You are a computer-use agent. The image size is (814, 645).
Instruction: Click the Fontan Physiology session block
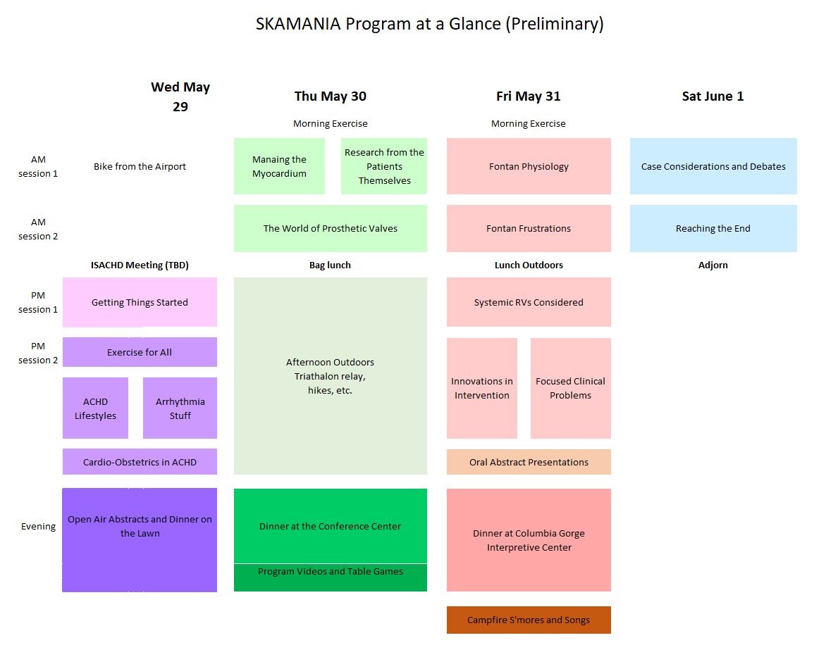pyautogui.click(x=529, y=166)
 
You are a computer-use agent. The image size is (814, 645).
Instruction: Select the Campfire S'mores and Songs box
pyautogui.click(x=529, y=620)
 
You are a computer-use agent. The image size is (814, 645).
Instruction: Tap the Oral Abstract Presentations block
pyautogui.click(x=529, y=462)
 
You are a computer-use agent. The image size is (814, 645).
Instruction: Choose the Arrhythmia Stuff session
pyautogui.click(x=180, y=408)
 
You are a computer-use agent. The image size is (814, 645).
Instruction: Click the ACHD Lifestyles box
pyautogui.click(x=95, y=408)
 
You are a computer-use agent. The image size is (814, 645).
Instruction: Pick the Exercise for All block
pyautogui.click(x=140, y=352)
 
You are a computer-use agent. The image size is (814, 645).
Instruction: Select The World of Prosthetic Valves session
pyautogui.click(x=330, y=228)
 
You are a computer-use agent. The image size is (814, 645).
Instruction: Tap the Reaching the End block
pyautogui.click(x=713, y=228)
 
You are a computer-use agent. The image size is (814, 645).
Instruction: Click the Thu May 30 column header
pyautogui.click(x=330, y=96)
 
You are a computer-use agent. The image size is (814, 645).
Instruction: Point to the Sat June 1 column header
pyautogui.click(x=713, y=96)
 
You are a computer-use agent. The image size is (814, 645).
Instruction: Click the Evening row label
pyautogui.click(x=38, y=526)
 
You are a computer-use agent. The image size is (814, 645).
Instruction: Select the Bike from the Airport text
pyautogui.click(x=140, y=167)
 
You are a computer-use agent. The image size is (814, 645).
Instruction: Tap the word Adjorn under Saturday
pyautogui.click(x=713, y=265)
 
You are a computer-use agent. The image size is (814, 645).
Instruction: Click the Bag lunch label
pyautogui.click(x=330, y=265)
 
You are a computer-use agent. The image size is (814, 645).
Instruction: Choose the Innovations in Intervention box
pyautogui.click(x=482, y=388)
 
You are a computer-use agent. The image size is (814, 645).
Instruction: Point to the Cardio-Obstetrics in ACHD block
pyautogui.click(x=140, y=462)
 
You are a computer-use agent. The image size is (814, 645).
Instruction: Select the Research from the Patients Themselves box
pyautogui.click(x=384, y=166)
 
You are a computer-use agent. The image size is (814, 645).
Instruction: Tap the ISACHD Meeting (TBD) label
pyautogui.click(x=140, y=265)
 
